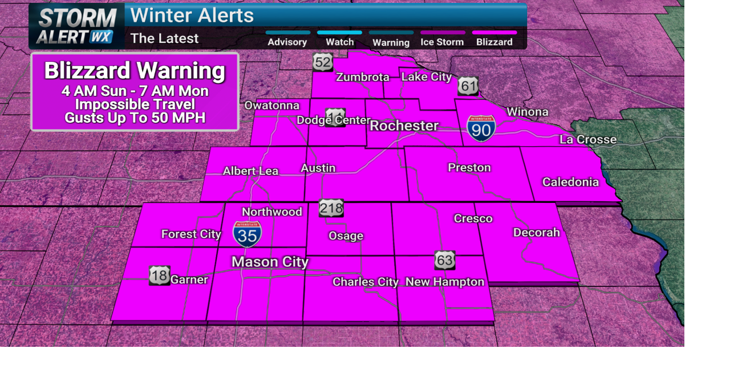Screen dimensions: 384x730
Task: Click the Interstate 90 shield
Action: click(x=481, y=129)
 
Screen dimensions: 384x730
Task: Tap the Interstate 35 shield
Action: click(x=248, y=234)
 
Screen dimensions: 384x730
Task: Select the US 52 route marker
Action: click(x=323, y=62)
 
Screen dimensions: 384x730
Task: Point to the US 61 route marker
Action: click(x=468, y=86)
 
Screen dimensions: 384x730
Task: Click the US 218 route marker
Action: click(x=331, y=208)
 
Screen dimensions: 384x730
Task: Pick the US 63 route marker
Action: click(x=445, y=260)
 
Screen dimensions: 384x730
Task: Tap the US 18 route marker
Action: click(x=160, y=275)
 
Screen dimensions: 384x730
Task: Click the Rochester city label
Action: click(x=404, y=126)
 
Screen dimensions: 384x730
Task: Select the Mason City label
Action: click(x=270, y=262)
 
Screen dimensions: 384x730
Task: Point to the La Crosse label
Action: click(x=588, y=139)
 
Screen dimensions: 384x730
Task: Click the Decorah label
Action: click(x=537, y=233)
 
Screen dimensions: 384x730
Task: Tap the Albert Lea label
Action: click(x=250, y=171)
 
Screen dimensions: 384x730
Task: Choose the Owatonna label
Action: click(x=272, y=105)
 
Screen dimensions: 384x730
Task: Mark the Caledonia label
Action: click(x=570, y=182)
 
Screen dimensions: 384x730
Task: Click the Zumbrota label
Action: click(x=363, y=77)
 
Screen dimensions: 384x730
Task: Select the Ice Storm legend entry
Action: click(x=442, y=42)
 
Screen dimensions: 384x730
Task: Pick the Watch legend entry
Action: click(x=339, y=42)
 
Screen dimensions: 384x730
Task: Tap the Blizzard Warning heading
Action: click(x=135, y=71)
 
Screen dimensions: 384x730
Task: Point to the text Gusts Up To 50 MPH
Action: click(x=135, y=118)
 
